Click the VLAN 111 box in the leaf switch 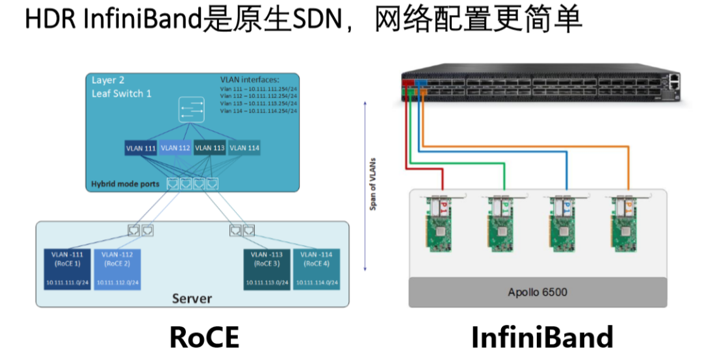(141, 148)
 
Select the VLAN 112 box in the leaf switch (175, 148)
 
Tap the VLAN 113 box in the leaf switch (210, 148)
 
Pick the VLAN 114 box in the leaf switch (244, 148)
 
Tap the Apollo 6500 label (537, 292)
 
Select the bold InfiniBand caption (541, 337)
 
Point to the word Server (192, 298)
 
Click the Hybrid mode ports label (125, 184)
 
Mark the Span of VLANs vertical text (374, 185)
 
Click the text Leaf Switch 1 (122, 94)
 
